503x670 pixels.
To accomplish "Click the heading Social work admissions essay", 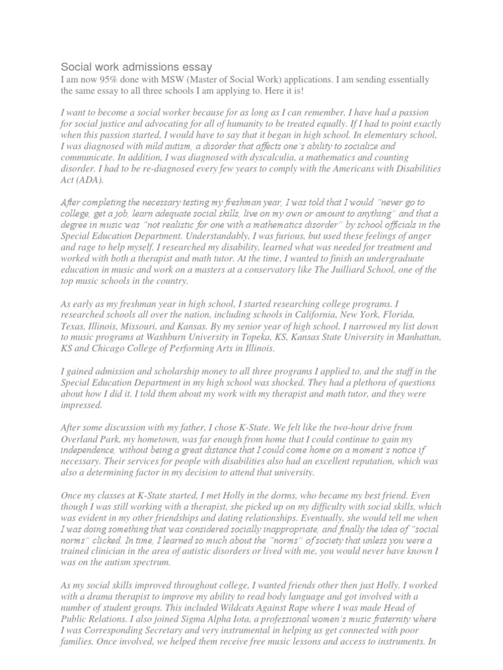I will point(136,67).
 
